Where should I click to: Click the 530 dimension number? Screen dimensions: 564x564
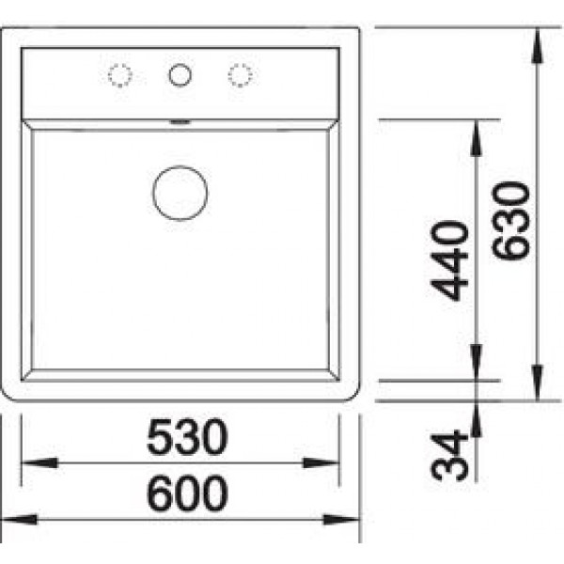pyautogui.click(x=187, y=437)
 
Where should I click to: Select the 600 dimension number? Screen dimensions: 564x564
pyautogui.click(x=187, y=493)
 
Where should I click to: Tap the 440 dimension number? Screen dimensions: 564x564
pyautogui.click(x=449, y=260)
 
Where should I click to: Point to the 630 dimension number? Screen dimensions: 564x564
pyautogui.click(x=510, y=221)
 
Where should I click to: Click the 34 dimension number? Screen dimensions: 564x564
pyautogui.click(x=449, y=455)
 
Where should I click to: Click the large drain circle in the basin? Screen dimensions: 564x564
pyautogui.click(x=180, y=193)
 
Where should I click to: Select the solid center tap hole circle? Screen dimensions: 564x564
pyautogui.click(x=180, y=75)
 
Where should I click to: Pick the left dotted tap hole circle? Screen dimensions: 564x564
pyautogui.click(x=120, y=75)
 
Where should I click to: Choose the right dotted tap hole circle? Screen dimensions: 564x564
pyautogui.click(x=241, y=75)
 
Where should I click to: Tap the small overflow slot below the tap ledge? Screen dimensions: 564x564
pyautogui.click(x=180, y=122)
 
